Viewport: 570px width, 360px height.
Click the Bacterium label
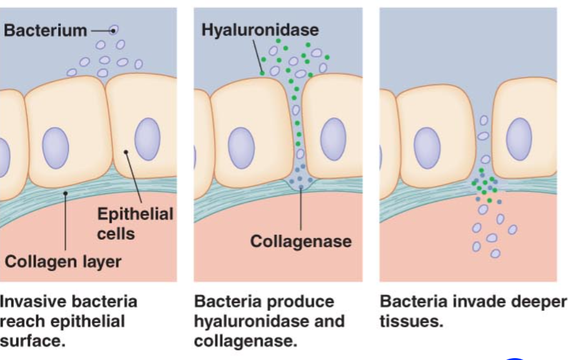[45, 30]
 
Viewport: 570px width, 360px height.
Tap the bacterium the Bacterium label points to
[114, 29]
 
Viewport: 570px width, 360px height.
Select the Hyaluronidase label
[260, 29]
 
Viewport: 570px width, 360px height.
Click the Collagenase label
[300, 241]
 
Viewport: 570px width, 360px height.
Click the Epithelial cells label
[135, 224]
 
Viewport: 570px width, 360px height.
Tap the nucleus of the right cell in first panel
[147, 138]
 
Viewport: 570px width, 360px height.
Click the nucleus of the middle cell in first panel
[55, 148]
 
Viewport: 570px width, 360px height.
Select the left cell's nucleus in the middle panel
[240, 147]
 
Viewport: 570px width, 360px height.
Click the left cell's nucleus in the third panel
[427, 147]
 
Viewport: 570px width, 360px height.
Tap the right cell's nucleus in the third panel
[519, 138]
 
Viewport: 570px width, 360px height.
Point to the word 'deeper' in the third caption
[538, 302]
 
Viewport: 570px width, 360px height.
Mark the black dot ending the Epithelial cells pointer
[126, 151]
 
